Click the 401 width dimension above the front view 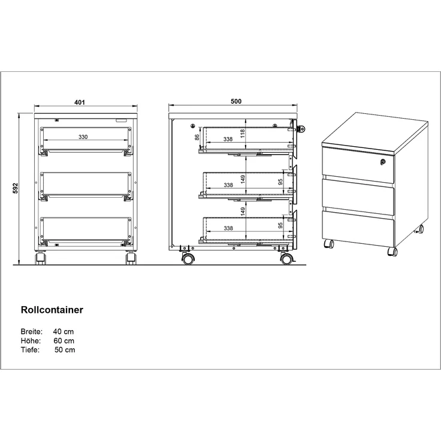(x=79, y=102)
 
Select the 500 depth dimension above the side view (x=235, y=102)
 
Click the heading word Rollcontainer (x=52, y=310)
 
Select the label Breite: (x=31, y=331)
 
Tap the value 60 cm (x=64, y=341)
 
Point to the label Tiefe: (x=30, y=350)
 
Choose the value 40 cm (x=64, y=331)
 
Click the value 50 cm (x=65, y=350)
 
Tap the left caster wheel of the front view (x=40, y=259)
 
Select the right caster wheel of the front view (x=129, y=259)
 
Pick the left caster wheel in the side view (x=188, y=259)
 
